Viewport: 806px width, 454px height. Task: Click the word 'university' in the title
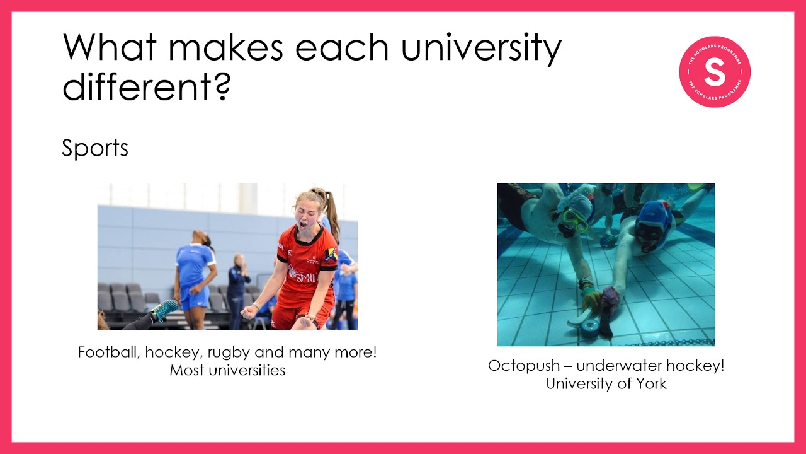tap(481, 49)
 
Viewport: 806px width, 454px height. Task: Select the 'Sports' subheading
tap(95, 148)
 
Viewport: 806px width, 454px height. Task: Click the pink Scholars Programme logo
tap(715, 72)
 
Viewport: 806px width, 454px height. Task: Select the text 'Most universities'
tap(227, 370)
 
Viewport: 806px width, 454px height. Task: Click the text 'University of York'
tap(606, 383)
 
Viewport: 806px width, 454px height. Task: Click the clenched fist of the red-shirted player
tap(250, 311)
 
